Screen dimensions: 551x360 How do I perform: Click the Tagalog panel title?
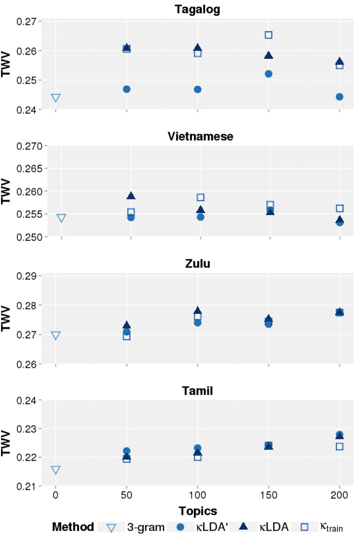[x=197, y=10]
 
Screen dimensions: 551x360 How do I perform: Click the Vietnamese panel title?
[x=201, y=136]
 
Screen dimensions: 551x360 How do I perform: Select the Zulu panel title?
[x=197, y=264]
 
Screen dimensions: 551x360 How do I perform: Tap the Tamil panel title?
[x=197, y=391]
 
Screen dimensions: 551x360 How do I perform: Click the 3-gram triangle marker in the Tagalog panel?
[x=56, y=98]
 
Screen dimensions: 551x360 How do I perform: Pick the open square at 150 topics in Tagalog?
[x=268, y=35]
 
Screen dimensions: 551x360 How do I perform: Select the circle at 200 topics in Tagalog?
[x=339, y=97]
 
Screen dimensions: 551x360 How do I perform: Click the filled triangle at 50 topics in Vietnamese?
[x=131, y=195]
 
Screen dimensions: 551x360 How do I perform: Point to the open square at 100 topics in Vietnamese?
[x=201, y=198]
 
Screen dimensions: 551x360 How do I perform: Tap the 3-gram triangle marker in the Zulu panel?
[x=56, y=335]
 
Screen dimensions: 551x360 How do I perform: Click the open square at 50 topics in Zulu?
[x=127, y=336]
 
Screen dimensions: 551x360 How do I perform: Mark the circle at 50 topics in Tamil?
[x=127, y=451]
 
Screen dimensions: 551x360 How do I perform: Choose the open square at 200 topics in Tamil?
[x=339, y=446]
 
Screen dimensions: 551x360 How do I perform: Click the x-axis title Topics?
[x=197, y=511]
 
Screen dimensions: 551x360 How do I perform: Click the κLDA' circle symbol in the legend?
[x=180, y=527]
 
